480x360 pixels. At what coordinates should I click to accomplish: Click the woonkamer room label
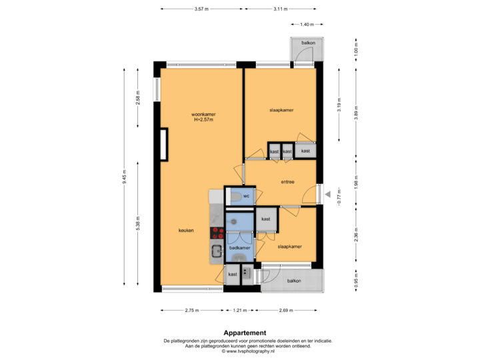click(203, 115)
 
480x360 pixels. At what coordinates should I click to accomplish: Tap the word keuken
click(186, 231)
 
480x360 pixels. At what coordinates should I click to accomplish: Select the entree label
click(288, 181)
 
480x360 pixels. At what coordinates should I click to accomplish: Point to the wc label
click(246, 196)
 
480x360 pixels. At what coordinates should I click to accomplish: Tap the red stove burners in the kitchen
click(217, 233)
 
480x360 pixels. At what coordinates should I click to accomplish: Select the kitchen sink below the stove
click(217, 251)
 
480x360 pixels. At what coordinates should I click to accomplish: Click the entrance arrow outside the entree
click(327, 194)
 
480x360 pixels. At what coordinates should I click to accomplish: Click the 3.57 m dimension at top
click(200, 9)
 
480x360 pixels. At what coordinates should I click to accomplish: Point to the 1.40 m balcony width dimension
click(307, 25)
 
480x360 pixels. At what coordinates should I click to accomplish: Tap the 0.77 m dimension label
click(339, 197)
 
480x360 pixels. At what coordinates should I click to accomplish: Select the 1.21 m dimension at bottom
click(240, 310)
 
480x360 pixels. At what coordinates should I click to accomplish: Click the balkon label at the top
click(307, 43)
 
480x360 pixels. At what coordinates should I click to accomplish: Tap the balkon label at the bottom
click(294, 281)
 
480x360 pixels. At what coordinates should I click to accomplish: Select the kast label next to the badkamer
click(265, 219)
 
